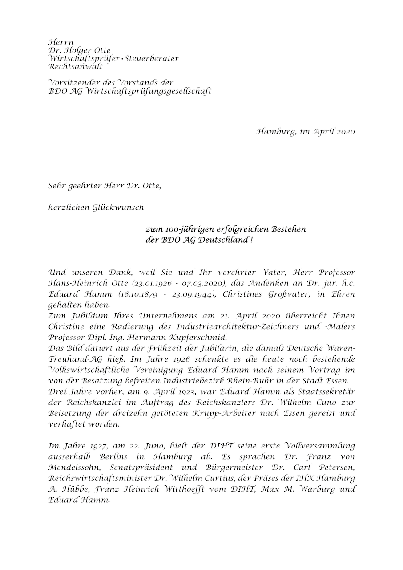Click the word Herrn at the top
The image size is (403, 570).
pos(60,42)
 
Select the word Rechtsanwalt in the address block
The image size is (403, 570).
pos(76,67)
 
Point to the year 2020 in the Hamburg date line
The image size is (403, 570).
pos(346,132)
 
